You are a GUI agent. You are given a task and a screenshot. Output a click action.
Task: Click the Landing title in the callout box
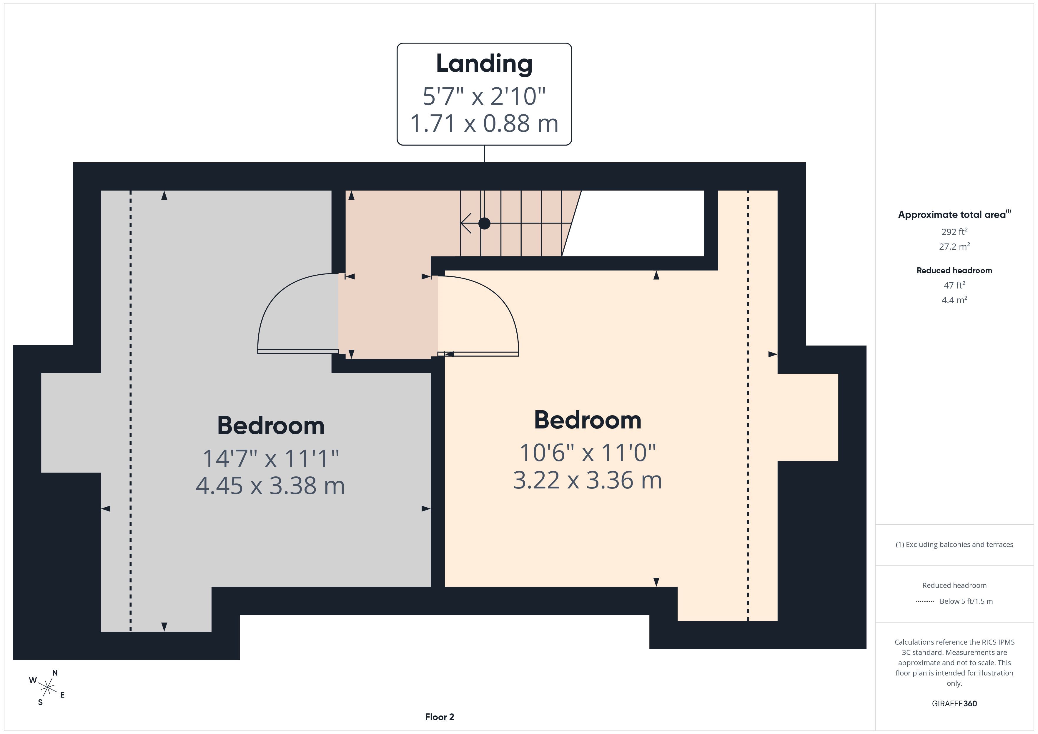pyautogui.click(x=484, y=64)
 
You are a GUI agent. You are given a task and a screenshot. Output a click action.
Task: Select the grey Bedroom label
pyautogui.click(x=271, y=426)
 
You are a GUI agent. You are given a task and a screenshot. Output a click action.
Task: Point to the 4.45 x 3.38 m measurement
pyautogui.click(x=270, y=486)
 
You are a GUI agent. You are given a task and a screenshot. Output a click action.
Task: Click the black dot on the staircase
pyautogui.click(x=484, y=223)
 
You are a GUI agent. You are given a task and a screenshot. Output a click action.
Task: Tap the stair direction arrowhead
pyautogui.click(x=466, y=223)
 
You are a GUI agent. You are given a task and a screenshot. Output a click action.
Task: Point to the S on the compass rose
pyautogui.click(x=40, y=702)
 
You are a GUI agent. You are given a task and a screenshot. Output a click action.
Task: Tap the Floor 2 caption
pyautogui.click(x=440, y=717)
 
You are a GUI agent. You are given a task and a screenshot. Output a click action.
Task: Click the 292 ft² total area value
pyautogui.click(x=954, y=231)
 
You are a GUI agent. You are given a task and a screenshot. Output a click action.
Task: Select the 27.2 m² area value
pyautogui.click(x=954, y=246)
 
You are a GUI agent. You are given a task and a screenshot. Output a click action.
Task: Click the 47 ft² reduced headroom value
pyautogui.click(x=954, y=285)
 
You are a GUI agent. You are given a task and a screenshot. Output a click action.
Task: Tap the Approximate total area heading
pyautogui.click(x=954, y=214)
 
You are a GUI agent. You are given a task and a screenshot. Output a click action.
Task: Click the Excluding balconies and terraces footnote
pyautogui.click(x=954, y=545)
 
